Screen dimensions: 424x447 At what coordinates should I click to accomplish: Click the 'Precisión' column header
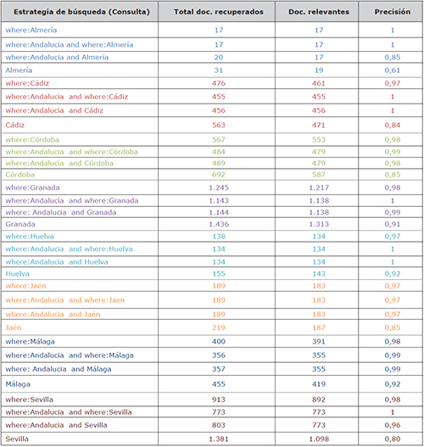click(x=393, y=12)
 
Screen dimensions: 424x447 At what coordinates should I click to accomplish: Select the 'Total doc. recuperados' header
click(x=219, y=12)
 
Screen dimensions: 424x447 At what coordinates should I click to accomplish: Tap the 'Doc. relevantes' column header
click(x=319, y=12)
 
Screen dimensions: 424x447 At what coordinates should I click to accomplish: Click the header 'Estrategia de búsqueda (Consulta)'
click(x=81, y=12)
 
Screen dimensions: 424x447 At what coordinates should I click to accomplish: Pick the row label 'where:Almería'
click(x=31, y=30)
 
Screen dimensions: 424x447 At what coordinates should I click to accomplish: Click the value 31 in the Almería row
click(x=219, y=70)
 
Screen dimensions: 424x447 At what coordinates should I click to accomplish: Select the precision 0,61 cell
click(x=393, y=70)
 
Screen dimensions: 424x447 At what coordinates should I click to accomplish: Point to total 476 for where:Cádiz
click(x=219, y=83)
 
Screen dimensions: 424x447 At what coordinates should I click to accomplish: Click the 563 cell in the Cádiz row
click(x=219, y=125)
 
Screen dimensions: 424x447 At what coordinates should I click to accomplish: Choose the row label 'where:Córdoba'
click(x=32, y=140)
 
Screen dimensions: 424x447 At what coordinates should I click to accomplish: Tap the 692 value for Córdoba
click(x=219, y=175)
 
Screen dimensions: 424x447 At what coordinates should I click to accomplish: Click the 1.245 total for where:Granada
click(x=219, y=187)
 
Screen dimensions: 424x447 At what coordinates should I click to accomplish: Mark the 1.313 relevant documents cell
click(x=319, y=224)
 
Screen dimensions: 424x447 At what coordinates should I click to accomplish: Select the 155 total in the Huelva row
click(x=219, y=274)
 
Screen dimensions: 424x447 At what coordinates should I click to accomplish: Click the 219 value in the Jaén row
click(x=219, y=327)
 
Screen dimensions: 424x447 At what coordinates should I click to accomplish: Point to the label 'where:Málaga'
click(x=30, y=342)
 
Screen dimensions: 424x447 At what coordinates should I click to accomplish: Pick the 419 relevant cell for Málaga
click(x=319, y=384)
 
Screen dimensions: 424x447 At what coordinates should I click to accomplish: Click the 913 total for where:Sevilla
click(x=219, y=400)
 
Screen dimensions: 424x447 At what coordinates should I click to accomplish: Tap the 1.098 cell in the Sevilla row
click(x=319, y=439)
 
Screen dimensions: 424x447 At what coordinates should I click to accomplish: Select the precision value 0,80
click(x=393, y=439)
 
